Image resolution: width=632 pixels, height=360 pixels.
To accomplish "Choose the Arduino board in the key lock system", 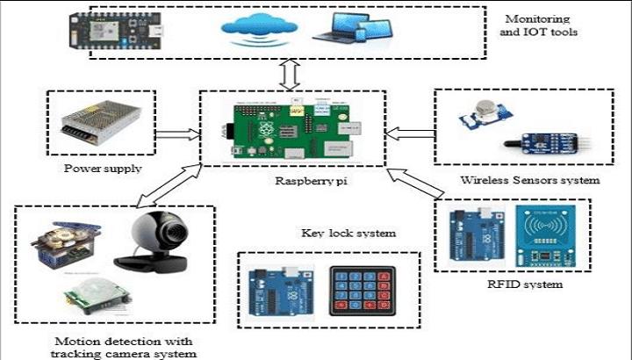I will pyautogui.click(x=276, y=291).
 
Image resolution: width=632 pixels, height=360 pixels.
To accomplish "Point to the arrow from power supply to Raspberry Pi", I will pyautogui.click(x=182, y=133).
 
